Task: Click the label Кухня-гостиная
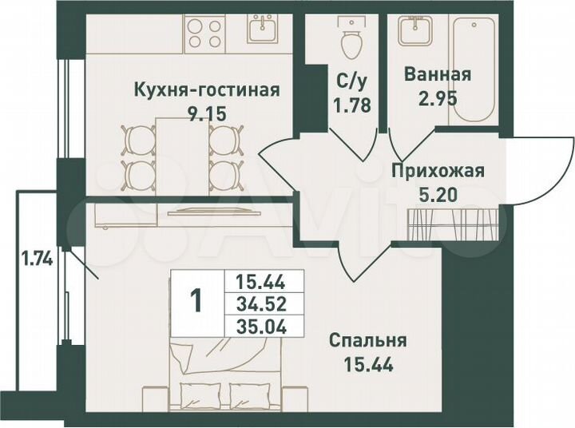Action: (x=206, y=89)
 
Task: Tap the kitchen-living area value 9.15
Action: (x=206, y=113)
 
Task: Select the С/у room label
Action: (x=351, y=81)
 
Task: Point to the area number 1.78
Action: (x=351, y=104)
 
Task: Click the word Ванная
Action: (x=438, y=75)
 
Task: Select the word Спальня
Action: (x=368, y=341)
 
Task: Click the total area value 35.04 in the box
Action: (x=261, y=325)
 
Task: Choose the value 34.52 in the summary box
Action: (x=261, y=303)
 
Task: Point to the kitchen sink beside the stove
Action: (x=262, y=32)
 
